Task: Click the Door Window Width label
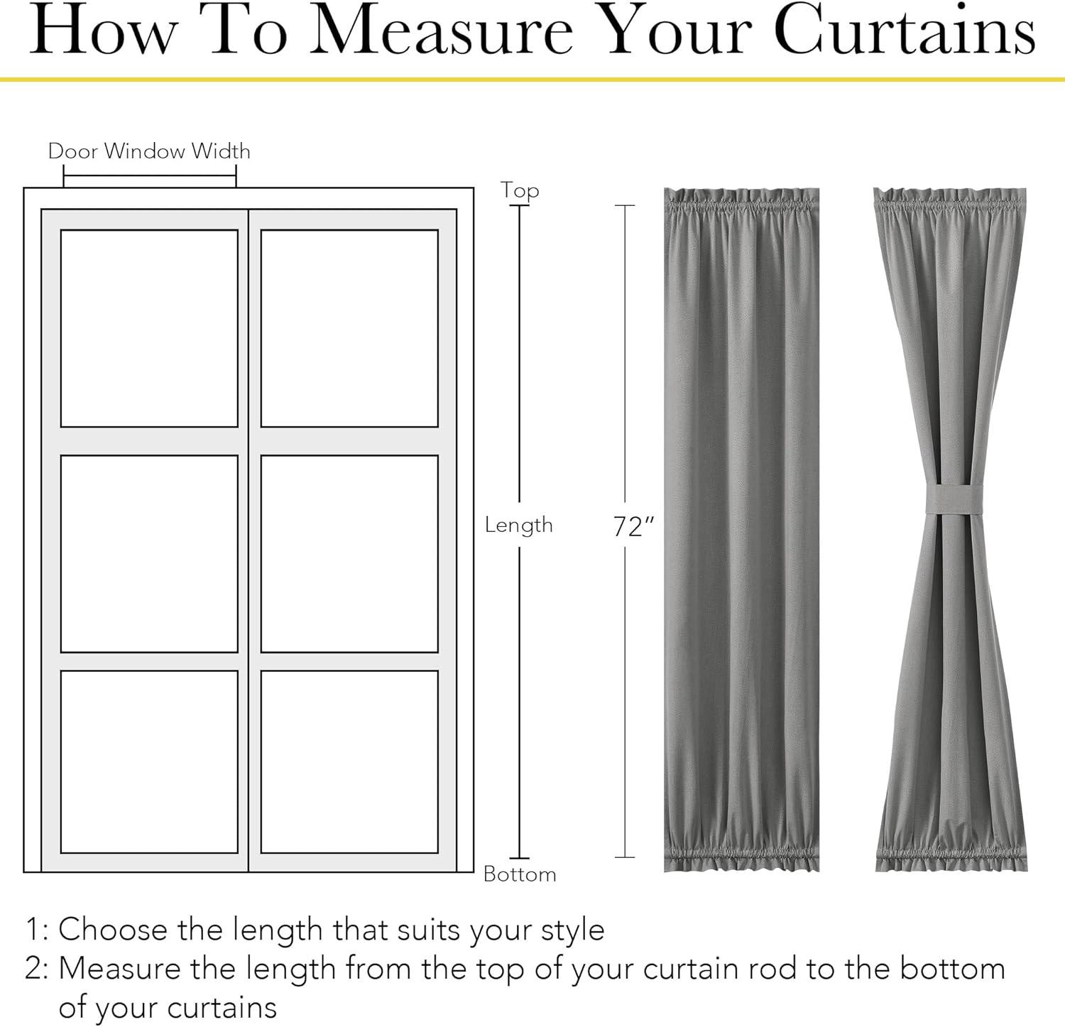click(x=149, y=151)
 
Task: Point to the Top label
click(x=520, y=190)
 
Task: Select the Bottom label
click(x=520, y=874)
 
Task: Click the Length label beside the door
click(x=519, y=525)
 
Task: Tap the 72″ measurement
click(x=633, y=526)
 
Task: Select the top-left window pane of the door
click(x=149, y=328)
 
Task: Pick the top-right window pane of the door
click(x=349, y=328)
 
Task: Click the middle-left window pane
click(x=149, y=553)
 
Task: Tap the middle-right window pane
click(x=349, y=553)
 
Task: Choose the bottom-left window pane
click(x=149, y=761)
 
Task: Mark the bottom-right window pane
click(x=349, y=761)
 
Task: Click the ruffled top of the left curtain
click(x=741, y=202)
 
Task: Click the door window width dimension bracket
click(x=150, y=176)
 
